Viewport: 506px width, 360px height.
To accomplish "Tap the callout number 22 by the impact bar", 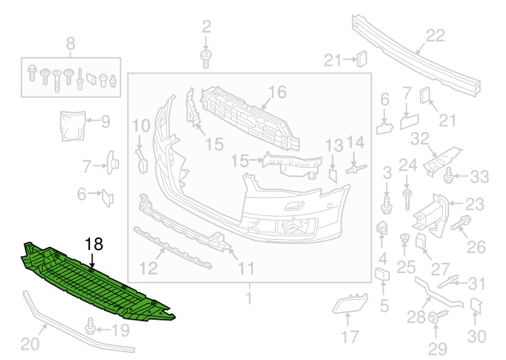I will coord(436,34).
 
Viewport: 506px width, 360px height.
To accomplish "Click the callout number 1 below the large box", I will coord(249,298).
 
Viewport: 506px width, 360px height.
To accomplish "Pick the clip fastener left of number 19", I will coord(92,326).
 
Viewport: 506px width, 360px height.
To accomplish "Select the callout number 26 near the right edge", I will coord(475,247).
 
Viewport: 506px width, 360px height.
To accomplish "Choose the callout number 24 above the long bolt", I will coord(407,165).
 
